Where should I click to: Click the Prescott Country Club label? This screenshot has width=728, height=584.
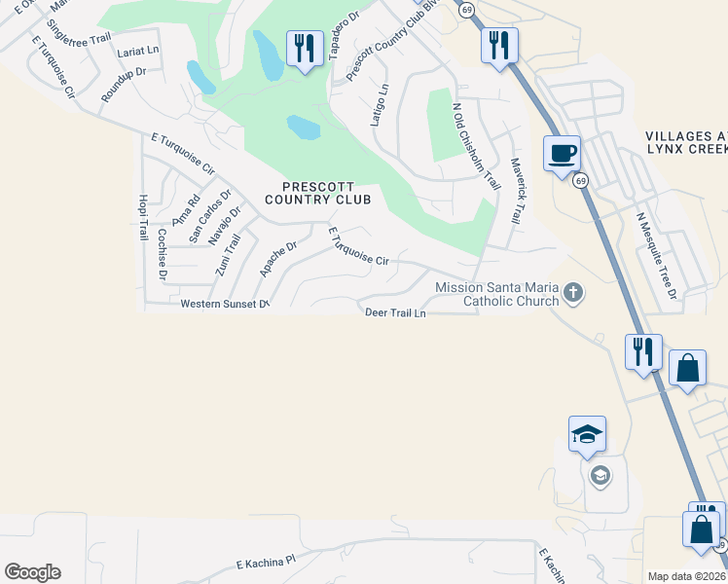[318, 193]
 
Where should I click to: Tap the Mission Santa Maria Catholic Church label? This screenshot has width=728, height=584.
[496, 294]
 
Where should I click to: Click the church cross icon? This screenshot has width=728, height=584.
[574, 292]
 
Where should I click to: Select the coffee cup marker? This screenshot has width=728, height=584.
[562, 154]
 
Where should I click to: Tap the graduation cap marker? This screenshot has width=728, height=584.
[588, 434]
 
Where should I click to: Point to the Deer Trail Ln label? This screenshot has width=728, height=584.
[395, 313]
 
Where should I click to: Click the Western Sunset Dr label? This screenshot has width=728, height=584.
[224, 305]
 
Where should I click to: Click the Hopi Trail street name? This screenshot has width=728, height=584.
[142, 217]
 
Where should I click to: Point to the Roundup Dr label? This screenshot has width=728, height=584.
[124, 85]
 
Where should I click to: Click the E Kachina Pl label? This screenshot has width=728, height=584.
[265, 563]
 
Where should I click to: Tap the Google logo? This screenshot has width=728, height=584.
[32, 572]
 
